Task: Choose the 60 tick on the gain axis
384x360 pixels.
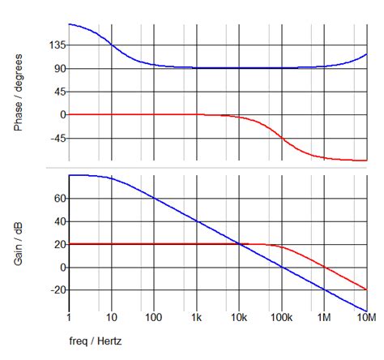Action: click(x=58, y=197)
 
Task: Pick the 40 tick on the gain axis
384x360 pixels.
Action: click(x=58, y=221)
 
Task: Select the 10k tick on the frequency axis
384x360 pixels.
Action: click(x=239, y=320)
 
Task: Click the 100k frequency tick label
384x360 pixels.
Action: click(x=281, y=320)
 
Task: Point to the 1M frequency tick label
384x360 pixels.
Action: click(x=324, y=320)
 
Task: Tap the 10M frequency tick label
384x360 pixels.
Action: click(x=366, y=320)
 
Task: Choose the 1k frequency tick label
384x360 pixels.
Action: click(x=196, y=320)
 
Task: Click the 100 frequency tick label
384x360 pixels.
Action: click(x=154, y=320)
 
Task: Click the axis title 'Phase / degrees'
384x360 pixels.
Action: click(x=19, y=92)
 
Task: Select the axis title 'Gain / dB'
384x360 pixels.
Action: click(x=19, y=243)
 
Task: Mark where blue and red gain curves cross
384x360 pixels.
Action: click(x=240, y=244)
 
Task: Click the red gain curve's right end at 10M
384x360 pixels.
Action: click(x=367, y=290)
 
